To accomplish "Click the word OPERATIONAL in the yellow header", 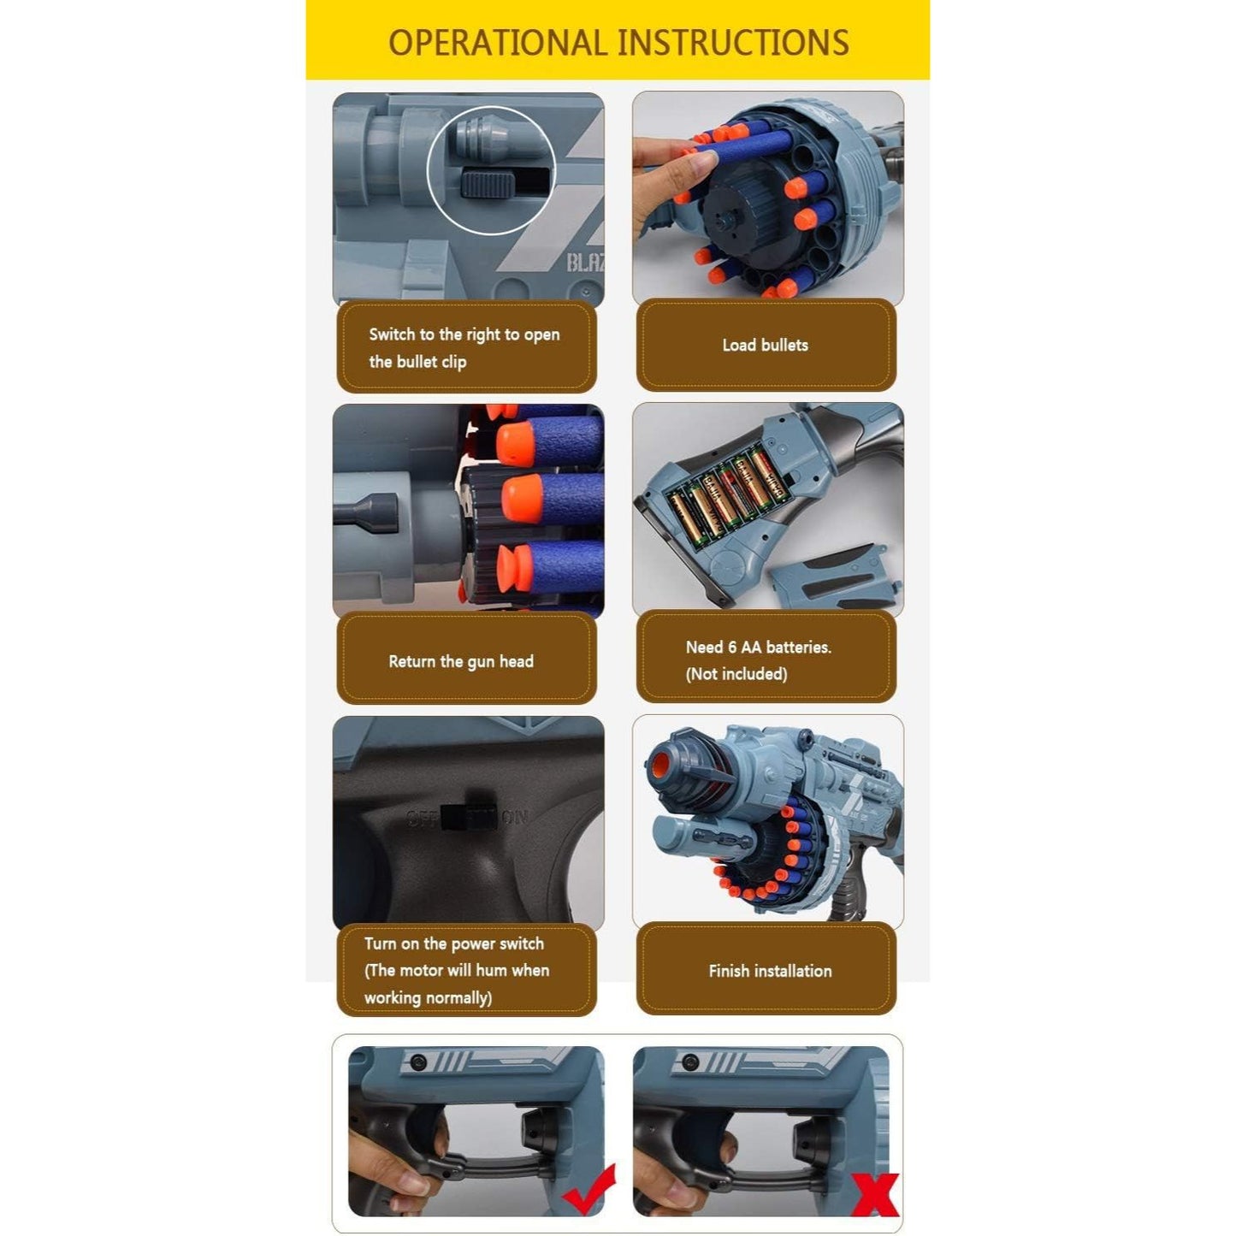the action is pos(497,42).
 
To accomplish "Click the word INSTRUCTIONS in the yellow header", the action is pos(733,42).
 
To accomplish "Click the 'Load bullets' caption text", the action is pos(765,345).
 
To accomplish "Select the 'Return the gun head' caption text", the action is pos(460,661).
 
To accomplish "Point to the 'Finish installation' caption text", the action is pos(770,971).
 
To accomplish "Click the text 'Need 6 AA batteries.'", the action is pos(758,647).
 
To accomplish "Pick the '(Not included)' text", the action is pos(736,673).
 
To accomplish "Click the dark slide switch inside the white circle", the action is pos(488,183).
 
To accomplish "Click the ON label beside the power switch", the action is pos(515,817).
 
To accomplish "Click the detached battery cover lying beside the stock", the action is pos(834,576).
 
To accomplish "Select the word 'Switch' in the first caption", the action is pos(392,334).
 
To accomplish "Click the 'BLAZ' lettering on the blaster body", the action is pos(585,262).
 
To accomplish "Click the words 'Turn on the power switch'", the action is pos(453,943).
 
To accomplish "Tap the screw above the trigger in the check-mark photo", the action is pos(417,1062).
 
